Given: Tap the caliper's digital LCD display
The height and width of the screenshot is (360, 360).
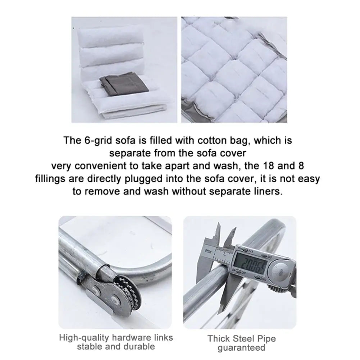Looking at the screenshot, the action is tap(251, 263).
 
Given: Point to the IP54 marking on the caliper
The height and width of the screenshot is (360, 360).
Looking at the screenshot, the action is tap(208, 251).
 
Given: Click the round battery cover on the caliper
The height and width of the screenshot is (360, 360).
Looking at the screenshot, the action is tap(280, 272).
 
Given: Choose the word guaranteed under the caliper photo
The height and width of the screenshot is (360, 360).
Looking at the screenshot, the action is tap(241, 348).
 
